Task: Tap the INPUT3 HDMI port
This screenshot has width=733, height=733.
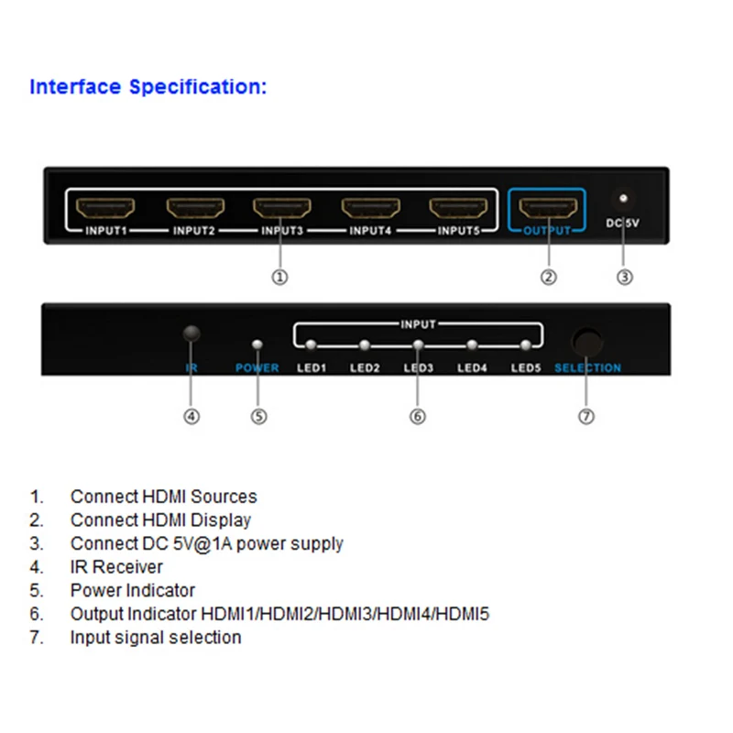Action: click(282, 207)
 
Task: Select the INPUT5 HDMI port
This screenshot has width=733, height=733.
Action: click(458, 207)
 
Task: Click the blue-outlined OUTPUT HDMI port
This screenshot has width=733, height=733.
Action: click(547, 207)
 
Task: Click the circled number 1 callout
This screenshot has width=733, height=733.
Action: click(279, 277)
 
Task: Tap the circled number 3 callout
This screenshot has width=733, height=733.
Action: click(624, 277)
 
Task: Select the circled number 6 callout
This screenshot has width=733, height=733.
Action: click(417, 416)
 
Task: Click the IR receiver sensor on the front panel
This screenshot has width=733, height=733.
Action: click(191, 334)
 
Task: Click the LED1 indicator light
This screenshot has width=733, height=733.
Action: click(312, 345)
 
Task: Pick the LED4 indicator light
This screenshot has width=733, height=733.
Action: click(472, 345)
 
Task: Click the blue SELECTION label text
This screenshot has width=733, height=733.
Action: click(587, 368)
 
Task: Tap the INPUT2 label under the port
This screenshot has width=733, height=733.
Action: click(194, 231)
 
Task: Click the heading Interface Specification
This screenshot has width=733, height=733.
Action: click(148, 87)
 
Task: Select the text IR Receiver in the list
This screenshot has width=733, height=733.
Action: click(116, 567)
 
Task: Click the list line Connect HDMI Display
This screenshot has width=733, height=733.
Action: click(160, 520)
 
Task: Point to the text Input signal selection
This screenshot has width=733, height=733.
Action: click(156, 638)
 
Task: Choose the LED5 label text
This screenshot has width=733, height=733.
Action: click(526, 368)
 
